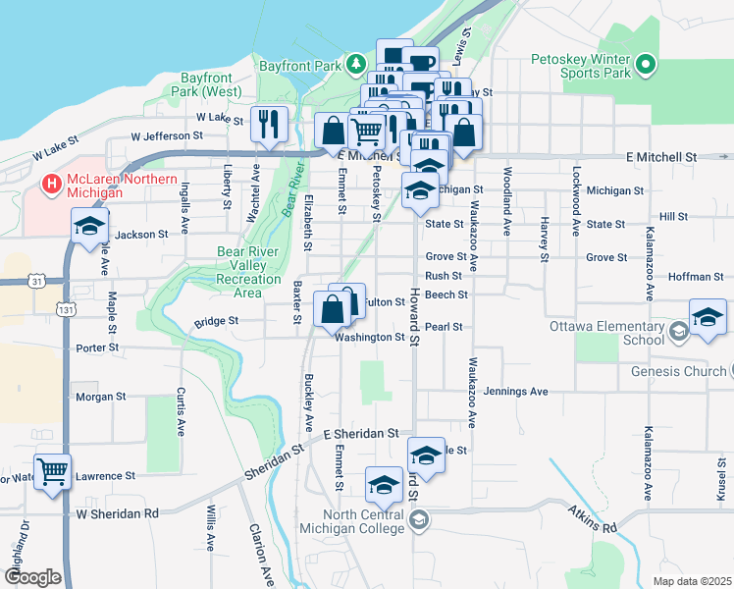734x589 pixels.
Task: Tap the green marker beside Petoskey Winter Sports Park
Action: pos(645,66)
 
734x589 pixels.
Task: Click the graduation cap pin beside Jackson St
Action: pos(89,227)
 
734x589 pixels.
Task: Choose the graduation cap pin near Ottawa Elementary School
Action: pos(707,319)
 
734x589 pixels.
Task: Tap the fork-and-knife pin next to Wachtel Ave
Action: pos(269,125)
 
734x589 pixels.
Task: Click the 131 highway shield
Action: pos(66,309)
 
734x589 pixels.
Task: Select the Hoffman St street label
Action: pos(695,277)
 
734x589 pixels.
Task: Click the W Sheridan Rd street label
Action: pos(117,512)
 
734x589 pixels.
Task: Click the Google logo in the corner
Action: pos(31,577)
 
